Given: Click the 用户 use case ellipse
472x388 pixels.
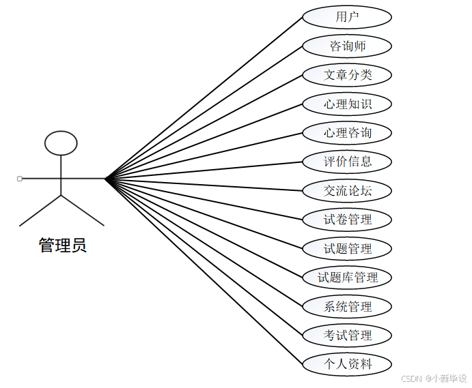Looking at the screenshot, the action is [347, 17].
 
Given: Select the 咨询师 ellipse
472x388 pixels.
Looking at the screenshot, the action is [347, 46].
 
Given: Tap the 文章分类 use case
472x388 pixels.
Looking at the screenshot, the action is [347, 75].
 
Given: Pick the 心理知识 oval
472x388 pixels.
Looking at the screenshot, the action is [347, 104].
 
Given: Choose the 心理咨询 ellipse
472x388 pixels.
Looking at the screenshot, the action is [347, 133].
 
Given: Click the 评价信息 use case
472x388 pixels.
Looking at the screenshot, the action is [347, 162].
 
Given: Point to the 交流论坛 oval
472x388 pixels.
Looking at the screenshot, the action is [347, 191].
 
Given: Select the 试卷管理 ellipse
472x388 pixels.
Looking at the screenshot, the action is [347, 220].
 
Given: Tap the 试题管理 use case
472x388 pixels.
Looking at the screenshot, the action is [347, 249].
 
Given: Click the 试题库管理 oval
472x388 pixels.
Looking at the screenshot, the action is [347, 278].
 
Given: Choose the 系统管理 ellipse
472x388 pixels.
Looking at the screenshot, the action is [347, 307].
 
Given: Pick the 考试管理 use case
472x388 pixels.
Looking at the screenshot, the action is [347, 335].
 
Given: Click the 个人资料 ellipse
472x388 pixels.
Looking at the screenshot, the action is [347, 364].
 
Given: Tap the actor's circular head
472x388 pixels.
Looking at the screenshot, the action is [61, 143].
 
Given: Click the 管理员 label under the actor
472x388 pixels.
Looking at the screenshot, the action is [62, 245].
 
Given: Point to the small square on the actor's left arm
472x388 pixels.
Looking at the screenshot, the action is [19, 179].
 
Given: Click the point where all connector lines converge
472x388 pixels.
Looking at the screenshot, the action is [106, 179].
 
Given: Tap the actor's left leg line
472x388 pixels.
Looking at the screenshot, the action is [41, 211].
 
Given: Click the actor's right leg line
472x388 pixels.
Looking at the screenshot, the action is [83, 211].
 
